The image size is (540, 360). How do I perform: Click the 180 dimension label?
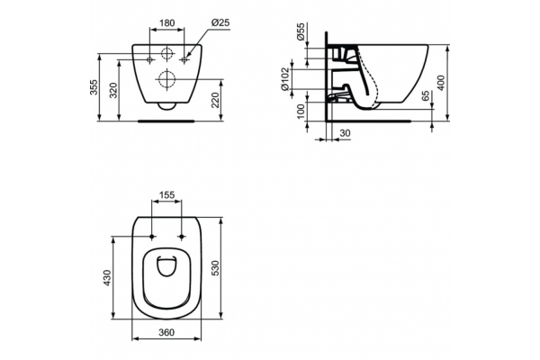(167, 22)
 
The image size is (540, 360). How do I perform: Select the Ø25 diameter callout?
(220, 22)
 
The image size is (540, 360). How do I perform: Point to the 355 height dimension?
(94, 87)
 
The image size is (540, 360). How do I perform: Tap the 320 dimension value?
(113, 90)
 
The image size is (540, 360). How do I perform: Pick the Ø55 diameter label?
(301, 31)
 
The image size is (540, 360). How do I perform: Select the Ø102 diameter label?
(284, 79)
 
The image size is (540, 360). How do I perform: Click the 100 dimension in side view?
(301, 112)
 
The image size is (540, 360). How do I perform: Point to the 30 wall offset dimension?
(345, 133)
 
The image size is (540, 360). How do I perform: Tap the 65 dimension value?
(426, 95)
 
